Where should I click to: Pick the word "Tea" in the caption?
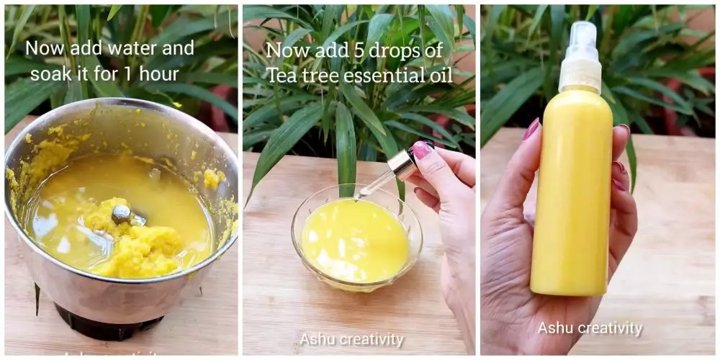(282, 74)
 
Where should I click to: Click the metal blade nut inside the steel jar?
(122, 212)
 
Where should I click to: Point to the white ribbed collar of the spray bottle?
(580, 76)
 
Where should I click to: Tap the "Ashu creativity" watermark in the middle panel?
(351, 339)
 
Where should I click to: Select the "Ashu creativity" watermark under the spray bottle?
(590, 328)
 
